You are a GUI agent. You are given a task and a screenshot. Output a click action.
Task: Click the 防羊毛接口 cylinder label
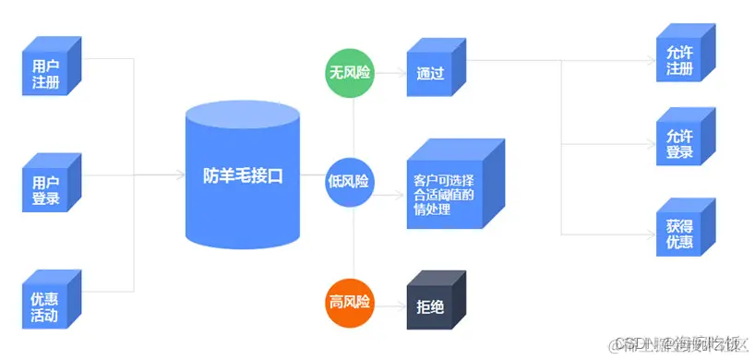pyautogui.click(x=242, y=176)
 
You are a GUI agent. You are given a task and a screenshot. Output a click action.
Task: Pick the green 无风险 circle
pyautogui.click(x=351, y=72)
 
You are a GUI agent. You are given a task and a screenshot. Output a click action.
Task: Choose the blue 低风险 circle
pyautogui.click(x=351, y=181)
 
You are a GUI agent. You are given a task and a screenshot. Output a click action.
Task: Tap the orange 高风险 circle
pyautogui.click(x=351, y=301)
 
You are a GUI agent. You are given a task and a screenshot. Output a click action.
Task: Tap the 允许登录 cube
pyautogui.click(x=679, y=144)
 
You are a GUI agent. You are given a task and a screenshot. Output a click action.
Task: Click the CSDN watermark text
pyautogui.click(x=679, y=344)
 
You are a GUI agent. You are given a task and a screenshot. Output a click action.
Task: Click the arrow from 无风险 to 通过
pyautogui.click(x=390, y=72)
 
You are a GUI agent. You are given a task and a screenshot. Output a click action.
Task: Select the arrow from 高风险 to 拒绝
pyautogui.click(x=390, y=302)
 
